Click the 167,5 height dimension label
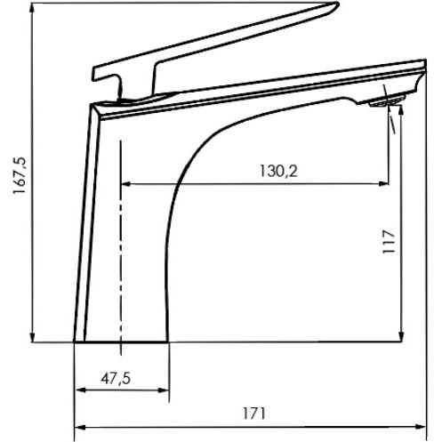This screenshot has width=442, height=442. coord(20,175)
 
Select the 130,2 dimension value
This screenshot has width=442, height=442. coord(278,171)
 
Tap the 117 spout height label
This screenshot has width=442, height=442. coord(389,242)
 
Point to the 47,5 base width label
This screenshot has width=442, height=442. coord(116,379)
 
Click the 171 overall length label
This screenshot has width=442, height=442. coord(254,414)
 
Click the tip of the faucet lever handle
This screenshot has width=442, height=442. coord(338,4)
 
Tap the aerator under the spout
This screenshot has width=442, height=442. coord(387,100)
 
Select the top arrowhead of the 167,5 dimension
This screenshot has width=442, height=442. coord(32,8)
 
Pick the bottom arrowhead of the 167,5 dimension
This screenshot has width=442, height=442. coord(32,337)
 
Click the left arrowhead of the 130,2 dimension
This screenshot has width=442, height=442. coord(126,184)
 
